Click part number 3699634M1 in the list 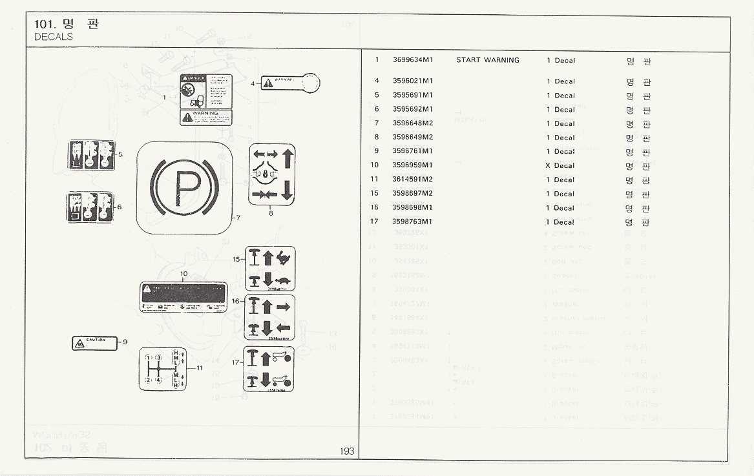coord(412,60)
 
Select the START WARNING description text coord(487,60)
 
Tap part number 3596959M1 coord(412,165)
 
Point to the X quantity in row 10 coord(547,165)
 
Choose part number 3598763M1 coord(412,222)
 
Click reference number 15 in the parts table coord(374,193)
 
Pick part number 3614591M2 coord(412,180)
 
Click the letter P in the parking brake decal coord(185,188)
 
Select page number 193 coord(347,451)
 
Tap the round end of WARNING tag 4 coord(311,82)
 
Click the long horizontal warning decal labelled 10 coord(184,298)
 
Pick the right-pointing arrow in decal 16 coord(284,307)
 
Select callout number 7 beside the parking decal coord(238,218)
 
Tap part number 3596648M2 coord(412,123)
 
